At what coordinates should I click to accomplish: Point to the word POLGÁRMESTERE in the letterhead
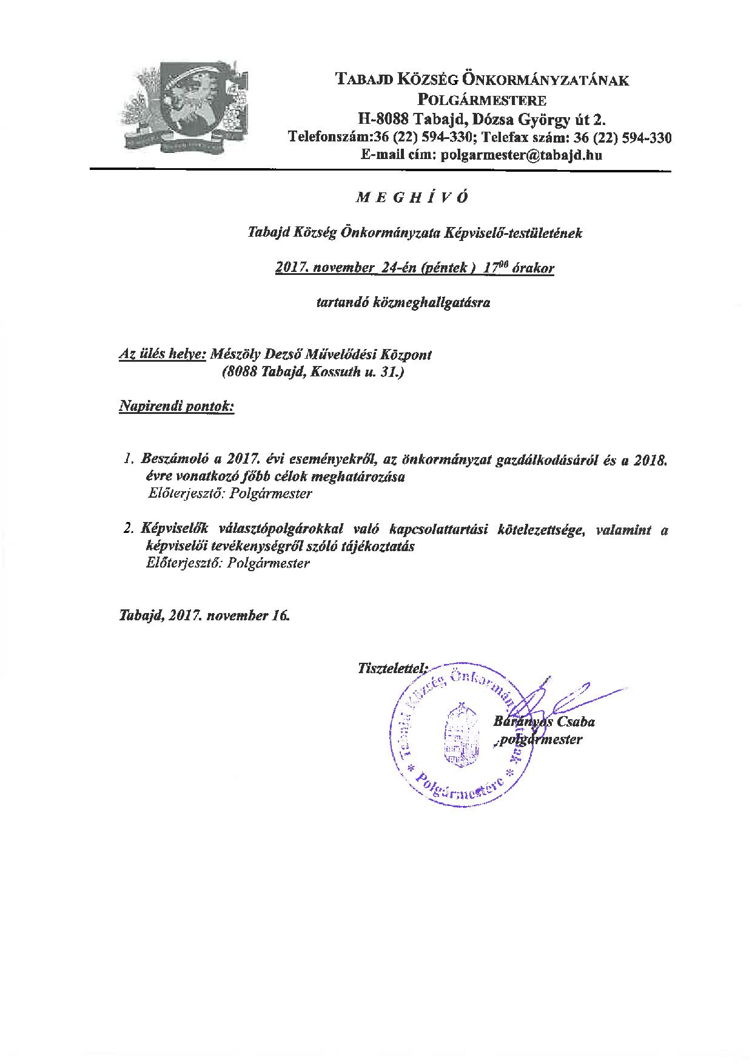click(482, 99)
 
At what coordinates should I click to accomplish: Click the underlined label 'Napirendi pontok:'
click(176, 406)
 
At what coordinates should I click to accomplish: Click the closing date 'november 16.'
click(248, 615)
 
